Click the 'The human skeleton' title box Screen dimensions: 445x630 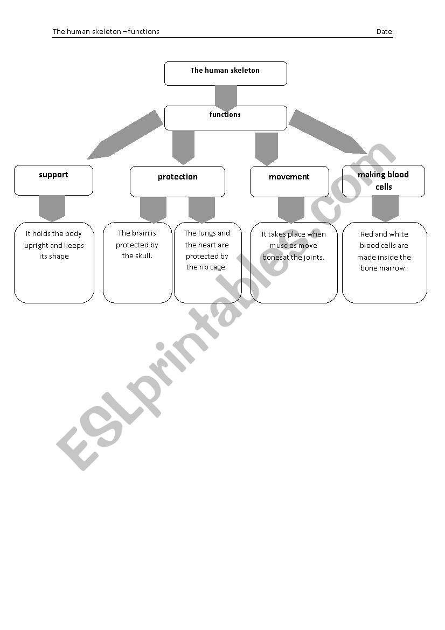pos(226,73)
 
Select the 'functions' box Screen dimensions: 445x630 pos(226,118)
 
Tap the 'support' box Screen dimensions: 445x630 pos(53,181)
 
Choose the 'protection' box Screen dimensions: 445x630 pos(178,182)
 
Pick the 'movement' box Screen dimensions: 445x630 pos(289,182)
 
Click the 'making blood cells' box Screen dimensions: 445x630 pos(384,181)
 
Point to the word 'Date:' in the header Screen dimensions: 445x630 pos(385,32)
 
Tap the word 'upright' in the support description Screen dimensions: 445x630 pos(36,246)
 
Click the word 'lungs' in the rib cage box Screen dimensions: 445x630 pos(207,233)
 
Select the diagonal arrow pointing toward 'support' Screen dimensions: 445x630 pos(125,135)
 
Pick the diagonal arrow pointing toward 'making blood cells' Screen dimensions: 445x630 pos(328,132)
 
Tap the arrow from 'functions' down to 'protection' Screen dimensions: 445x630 pos(184,148)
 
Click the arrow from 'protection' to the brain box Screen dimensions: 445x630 pos(153,210)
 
